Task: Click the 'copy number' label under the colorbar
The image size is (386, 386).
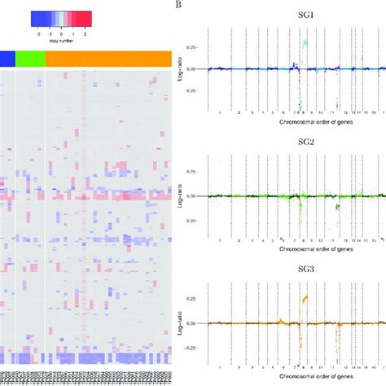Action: point(61,38)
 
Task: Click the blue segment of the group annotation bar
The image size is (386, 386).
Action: point(7,58)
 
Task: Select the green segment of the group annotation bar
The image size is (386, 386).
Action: point(30,58)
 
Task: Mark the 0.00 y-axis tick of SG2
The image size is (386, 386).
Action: point(195,196)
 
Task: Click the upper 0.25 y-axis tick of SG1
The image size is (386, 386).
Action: point(195,47)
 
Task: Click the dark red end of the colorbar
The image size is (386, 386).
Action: point(86,18)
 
